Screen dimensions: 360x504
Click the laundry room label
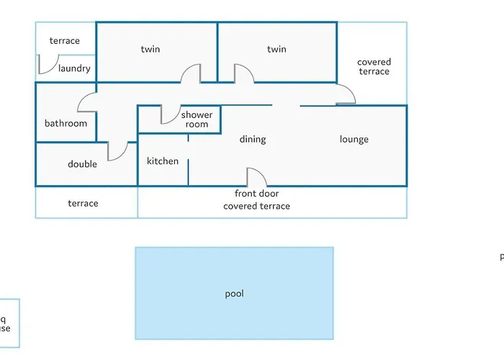pyautogui.click(x=74, y=69)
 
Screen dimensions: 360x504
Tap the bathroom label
pyautogui.click(x=66, y=123)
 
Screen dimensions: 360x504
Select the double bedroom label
pyautogui.click(x=82, y=164)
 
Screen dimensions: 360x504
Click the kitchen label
pyautogui.click(x=163, y=161)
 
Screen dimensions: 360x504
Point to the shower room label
pyautogui.click(x=197, y=120)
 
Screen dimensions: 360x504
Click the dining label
pyautogui.click(x=253, y=140)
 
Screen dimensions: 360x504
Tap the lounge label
pyautogui.click(x=354, y=140)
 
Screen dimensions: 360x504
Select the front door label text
pyautogui.click(x=256, y=194)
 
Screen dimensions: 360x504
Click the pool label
pyautogui.click(x=234, y=294)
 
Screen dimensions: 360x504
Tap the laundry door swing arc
pyautogui.click(x=48, y=65)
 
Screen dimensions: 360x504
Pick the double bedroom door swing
pyautogui.click(x=117, y=152)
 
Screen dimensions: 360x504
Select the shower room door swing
pyautogui.click(x=171, y=115)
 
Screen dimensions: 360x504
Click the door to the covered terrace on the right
pyautogui.click(x=346, y=94)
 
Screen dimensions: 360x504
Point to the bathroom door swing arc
pyautogui.click(x=87, y=102)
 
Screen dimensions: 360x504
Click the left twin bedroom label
pyautogui.click(x=150, y=50)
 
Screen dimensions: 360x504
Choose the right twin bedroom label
pyautogui.click(x=276, y=50)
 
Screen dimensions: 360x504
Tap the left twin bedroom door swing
pyautogui.click(x=191, y=74)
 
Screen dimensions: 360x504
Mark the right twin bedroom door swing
pyautogui.click(x=243, y=73)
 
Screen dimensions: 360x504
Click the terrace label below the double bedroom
pyautogui.click(x=83, y=204)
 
